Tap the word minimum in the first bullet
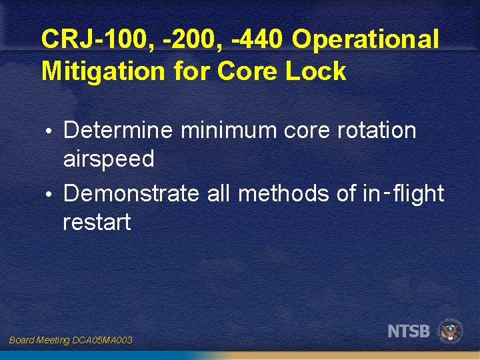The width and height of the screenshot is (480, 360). [227, 131]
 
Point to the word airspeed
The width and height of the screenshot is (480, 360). [109, 160]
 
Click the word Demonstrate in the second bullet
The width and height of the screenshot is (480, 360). [131, 193]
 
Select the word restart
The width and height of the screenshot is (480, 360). [97, 222]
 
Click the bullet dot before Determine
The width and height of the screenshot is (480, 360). [53, 131]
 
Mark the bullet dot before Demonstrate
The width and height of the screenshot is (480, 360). [53, 194]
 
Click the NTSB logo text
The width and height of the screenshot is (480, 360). [409, 330]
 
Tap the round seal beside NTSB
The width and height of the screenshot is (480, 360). [451, 330]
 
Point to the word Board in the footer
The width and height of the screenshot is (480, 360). [22, 340]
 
